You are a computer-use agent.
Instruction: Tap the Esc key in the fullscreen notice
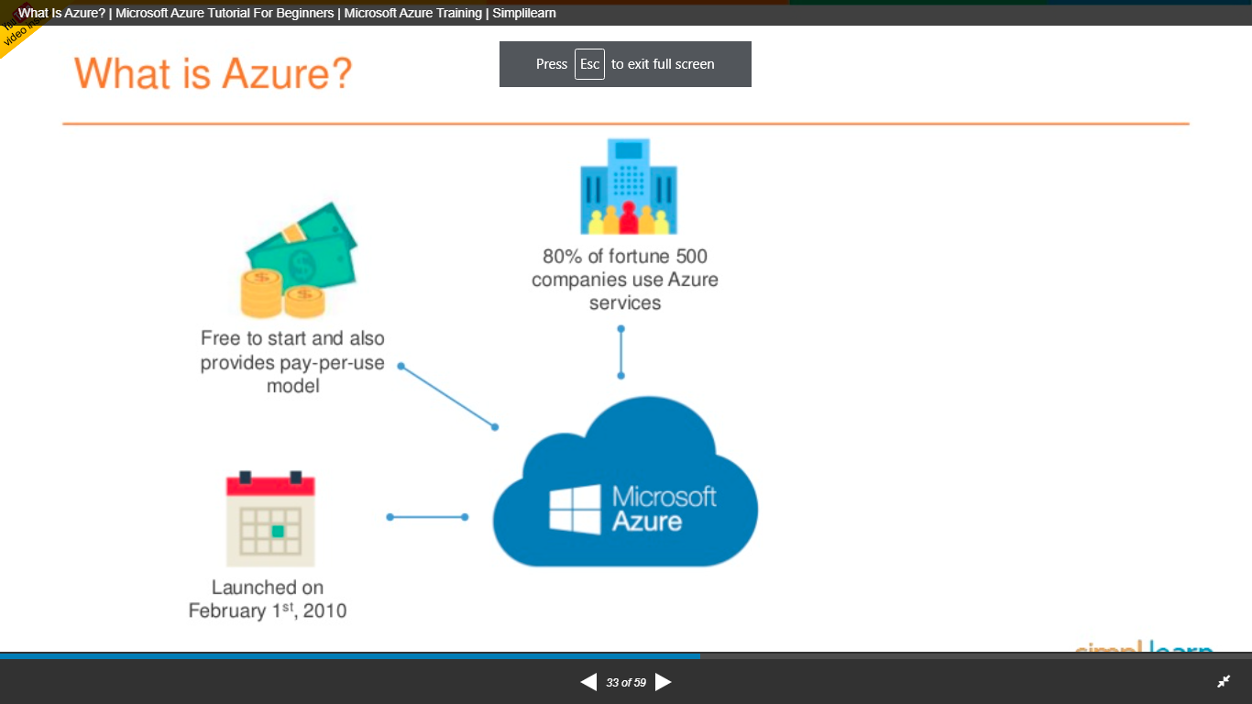pyautogui.click(x=589, y=64)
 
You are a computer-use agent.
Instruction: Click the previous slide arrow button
pyautogui.click(x=588, y=682)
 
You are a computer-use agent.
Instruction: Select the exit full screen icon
pyautogui.click(x=1224, y=682)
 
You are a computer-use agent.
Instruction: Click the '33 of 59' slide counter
pyautogui.click(x=626, y=683)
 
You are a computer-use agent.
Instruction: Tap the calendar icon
pyautogui.click(x=270, y=519)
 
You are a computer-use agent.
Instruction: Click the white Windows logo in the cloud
pyautogui.click(x=575, y=510)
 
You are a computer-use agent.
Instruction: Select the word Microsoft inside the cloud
pyautogui.click(x=664, y=497)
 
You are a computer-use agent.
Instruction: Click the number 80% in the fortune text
pyautogui.click(x=562, y=257)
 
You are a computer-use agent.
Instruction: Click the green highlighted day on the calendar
pyautogui.click(x=279, y=531)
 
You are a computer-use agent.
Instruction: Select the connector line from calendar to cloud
pyautogui.click(x=427, y=517)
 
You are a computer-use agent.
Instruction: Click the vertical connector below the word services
pyautogui.click(x=621, y=352)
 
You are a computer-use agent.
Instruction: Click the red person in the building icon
pyautogui.click(x=628, y=218)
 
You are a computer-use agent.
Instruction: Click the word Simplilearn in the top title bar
pyautogui.click(x=523, y=13)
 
